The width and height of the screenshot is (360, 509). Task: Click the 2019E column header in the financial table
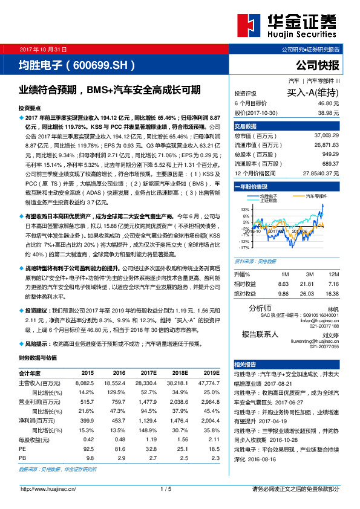pyautogui.click(x=211, y=373)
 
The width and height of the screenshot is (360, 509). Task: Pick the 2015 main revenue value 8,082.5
pyautogui.click(x=84, y=383)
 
